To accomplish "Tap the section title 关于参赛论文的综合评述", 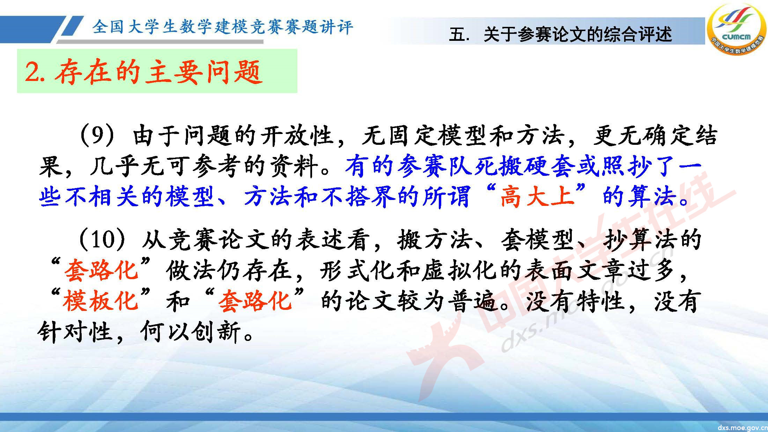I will (577, 35).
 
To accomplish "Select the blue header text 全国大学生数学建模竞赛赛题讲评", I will (223, 27).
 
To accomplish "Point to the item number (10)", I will (101, 240).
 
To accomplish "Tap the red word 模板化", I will (101, 301).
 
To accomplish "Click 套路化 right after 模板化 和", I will (255, 301).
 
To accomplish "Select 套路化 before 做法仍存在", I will (101, 270).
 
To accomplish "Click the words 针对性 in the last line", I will (75, 332).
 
